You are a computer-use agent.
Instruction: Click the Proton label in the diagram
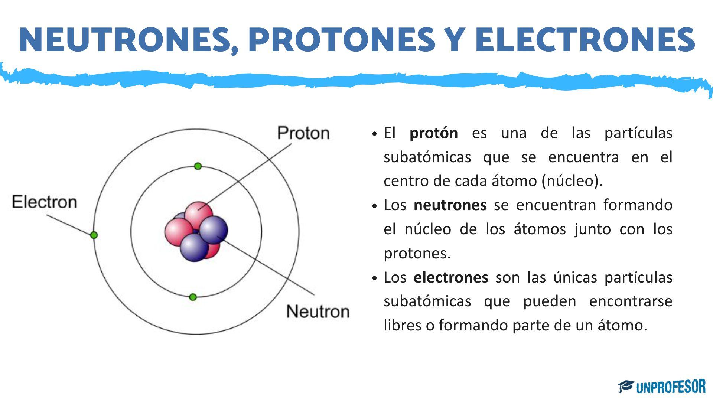pyautogui.click(x=303, y=133)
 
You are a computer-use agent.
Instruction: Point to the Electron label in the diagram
pyautogui.click(x=45, y=202)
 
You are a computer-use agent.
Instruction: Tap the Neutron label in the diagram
pyautogui.click(x=318, y=311)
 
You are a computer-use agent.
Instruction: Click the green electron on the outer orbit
pyautogui.click(x=94, y=235)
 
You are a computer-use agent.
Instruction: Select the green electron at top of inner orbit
pyautogui.click(x=198, y=166)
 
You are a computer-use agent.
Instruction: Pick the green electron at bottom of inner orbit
pyautogui.click(x=193, y=297)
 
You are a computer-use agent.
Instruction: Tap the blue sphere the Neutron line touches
pyautogui.click(x=214, y=229)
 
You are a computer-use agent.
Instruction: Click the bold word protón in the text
pyautogui.click(x=433, y=133)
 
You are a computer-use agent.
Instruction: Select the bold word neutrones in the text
pyautogui.click(x=450, y=205)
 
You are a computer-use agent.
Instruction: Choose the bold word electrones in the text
pyautogui.click(x=450, y=277)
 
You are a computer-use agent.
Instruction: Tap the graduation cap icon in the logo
pyautogui.click(x=626, y=386)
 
